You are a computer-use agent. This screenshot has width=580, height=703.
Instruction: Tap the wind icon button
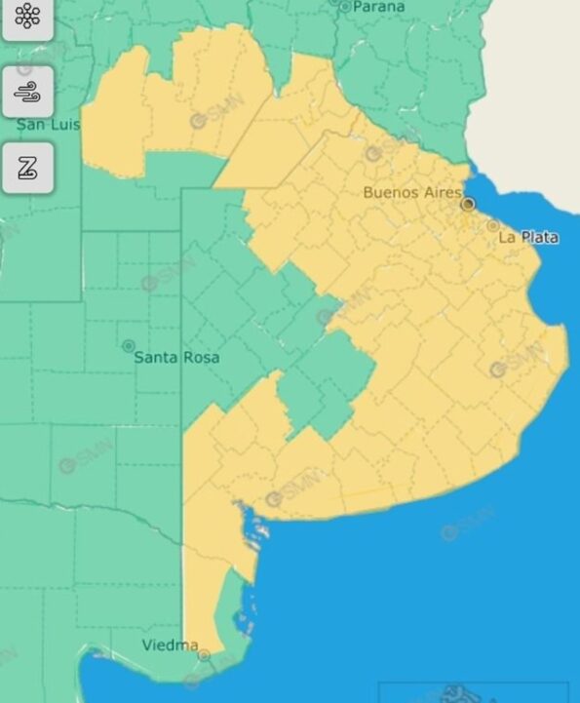26,92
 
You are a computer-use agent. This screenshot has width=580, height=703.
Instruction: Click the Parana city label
377,7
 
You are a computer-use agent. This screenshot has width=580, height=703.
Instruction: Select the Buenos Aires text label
411,192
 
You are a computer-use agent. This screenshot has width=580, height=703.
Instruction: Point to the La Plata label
528,237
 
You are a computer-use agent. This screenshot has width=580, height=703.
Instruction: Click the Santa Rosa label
176,357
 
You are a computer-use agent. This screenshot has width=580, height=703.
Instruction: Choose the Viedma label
171,645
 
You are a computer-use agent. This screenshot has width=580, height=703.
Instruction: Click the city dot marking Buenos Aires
468,204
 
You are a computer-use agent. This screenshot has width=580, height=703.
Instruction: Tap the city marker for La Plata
493,226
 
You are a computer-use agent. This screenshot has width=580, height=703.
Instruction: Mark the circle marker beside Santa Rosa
128,346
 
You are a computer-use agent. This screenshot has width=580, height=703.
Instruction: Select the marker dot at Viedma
204,655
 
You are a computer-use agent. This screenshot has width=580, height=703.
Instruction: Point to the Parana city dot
344,6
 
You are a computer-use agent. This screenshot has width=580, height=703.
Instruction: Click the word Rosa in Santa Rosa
201,357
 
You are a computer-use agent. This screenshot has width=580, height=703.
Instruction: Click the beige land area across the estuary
531,78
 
